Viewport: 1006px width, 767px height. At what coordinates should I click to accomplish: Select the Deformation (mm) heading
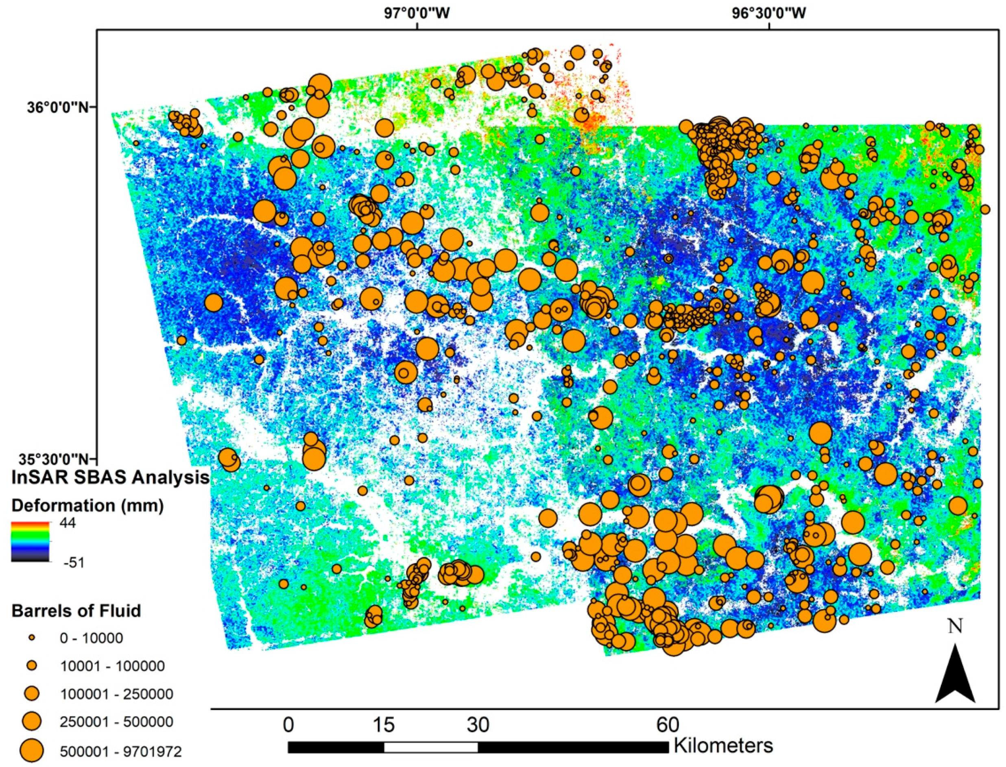[x=87, y=506]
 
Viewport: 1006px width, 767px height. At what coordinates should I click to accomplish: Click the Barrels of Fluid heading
[x=76, y=610]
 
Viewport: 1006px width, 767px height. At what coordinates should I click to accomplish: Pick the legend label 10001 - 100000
[x=112, y=666]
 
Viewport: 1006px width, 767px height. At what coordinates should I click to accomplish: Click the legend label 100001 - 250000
[x=116, y=695]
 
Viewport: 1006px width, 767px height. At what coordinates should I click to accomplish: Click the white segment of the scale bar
[x=431, y=747]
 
